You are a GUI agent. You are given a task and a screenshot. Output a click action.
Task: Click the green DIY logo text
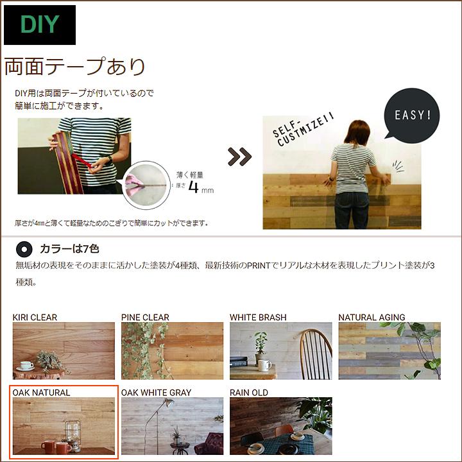[40, 24]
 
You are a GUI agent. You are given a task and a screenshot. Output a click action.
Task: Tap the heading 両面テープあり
[75, 67]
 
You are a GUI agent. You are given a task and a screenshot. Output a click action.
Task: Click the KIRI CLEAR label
[35, 317]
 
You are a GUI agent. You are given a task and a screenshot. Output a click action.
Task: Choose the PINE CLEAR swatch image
[172, 350]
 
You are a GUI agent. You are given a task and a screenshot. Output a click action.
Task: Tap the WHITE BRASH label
[258, 317]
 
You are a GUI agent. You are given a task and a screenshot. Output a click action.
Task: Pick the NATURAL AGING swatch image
[389, 350]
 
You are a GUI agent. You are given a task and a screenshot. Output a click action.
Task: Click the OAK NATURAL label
[41, 392]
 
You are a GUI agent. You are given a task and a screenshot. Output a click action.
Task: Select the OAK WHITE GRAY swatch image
[172, 425]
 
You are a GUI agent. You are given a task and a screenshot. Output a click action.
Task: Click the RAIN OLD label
[249, 392]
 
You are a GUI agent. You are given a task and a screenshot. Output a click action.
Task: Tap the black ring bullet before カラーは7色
[24, 248]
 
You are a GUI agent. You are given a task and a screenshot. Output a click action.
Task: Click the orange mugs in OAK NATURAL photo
[54, 445]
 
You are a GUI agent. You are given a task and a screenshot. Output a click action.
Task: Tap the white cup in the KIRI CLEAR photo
[26, 365]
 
